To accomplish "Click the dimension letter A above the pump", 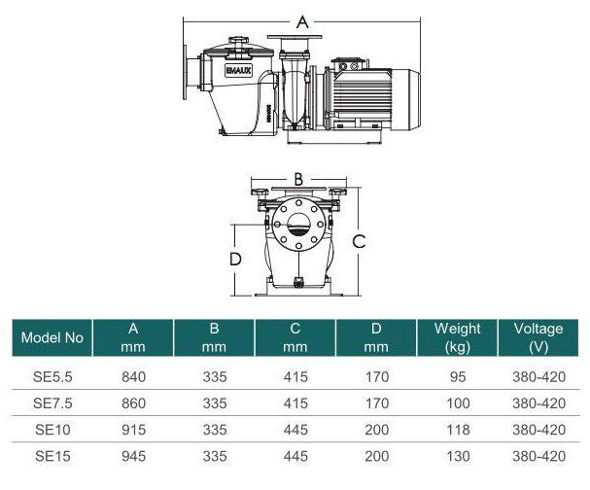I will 301,20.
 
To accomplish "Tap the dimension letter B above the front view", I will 299,179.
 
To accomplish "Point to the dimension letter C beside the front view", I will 359,241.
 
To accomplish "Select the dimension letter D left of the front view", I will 235,259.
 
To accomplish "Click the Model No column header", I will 52,338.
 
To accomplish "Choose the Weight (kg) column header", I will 457,338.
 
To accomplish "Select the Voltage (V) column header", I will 538,338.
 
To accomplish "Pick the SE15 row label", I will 52,455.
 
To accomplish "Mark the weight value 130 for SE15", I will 457,455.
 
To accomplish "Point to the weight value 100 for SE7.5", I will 457,402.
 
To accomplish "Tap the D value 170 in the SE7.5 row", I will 377,402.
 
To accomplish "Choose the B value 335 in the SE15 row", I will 217,455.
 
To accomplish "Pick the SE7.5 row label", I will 52,402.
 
